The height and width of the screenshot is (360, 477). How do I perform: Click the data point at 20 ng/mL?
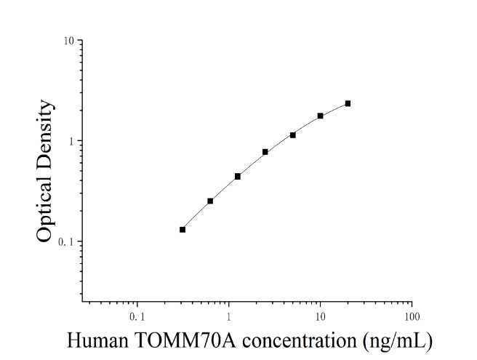tap(348, 103)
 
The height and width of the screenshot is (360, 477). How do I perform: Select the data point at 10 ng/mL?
tap(321, 116)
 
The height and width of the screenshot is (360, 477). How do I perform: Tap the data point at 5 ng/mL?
tap(292, 135)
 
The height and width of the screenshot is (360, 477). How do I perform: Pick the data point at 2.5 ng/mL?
tap(265, 152)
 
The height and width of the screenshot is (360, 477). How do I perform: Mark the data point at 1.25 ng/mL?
tap(238, 176)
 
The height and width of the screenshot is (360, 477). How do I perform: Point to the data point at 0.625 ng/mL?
tap(210, 201)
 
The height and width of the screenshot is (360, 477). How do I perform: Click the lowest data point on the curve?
tap(183, 229)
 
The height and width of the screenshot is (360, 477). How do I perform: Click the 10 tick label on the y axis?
tap(69, 41)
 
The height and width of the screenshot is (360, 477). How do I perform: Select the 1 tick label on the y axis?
tap(72, 141)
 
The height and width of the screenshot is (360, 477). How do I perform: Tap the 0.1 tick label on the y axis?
tap(66, 242)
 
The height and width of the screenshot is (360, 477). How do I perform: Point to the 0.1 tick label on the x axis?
tap(137, 317)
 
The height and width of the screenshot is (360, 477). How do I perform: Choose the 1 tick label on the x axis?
tap(228, 317)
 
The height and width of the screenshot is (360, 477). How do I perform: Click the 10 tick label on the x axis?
tap(320, 317)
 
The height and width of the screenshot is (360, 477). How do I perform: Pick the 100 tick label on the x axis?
tap(412, 317)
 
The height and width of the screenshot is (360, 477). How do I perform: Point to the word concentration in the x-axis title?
tap(300, 340)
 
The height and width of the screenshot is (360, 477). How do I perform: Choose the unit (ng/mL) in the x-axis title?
tap(397, 341)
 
